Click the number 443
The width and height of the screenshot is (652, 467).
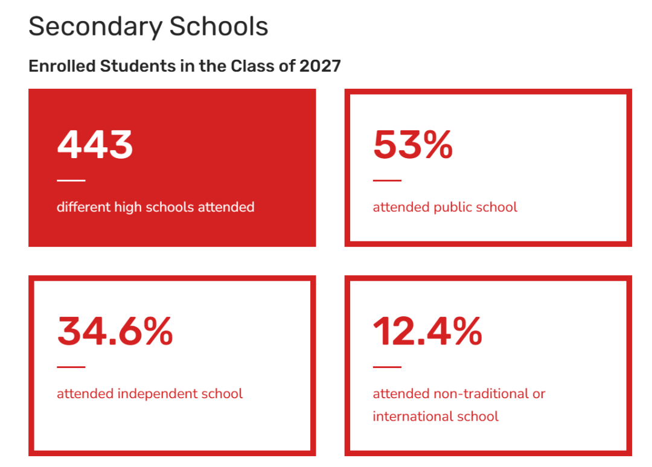(x=95, y=145)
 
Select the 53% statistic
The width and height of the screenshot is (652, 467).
(x=413, y=145)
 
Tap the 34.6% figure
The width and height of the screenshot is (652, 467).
(x=115, y=331)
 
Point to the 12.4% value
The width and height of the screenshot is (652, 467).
(x=427, y=331)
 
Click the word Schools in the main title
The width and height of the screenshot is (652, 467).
(x=219, y=27)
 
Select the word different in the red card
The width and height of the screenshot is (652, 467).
(x=84, y=207)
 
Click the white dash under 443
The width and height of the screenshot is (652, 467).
(x=71, y=180)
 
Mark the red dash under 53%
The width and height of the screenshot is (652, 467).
(x=387, y=180)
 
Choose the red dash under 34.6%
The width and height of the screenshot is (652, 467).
(x=71, y=367)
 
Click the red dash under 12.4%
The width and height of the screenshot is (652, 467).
(x=387, y=367)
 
